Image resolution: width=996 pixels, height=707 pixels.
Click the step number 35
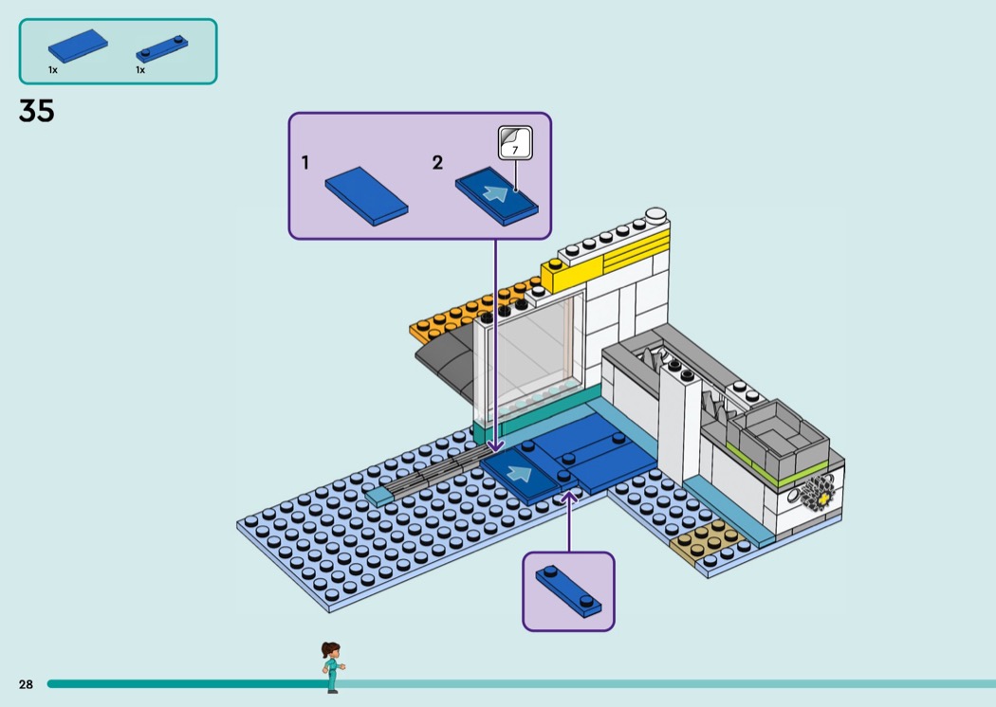(x=37, y=112)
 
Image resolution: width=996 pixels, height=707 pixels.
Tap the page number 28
(x=26, y=684)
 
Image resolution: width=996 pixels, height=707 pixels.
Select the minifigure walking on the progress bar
(x=332, y=667)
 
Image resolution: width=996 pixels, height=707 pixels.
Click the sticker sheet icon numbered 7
(x=515, y=142)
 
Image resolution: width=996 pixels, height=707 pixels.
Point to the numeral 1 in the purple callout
(x=304, y=163)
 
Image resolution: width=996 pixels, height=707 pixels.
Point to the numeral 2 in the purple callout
(x=437, y=163)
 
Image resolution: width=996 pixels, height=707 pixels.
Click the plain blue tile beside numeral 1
(x=366, y=195)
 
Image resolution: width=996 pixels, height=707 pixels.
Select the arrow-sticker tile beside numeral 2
(x=497, y=195)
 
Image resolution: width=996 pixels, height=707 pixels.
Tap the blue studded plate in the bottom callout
(x=568, y=590)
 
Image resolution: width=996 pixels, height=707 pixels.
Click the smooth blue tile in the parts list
(x=78, y=45)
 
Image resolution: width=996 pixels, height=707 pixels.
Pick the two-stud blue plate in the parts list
(x=162, y=49)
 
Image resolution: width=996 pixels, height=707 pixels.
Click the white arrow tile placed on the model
(x=520, y=474)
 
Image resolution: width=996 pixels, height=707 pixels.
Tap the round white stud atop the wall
(x=655, y=214)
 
